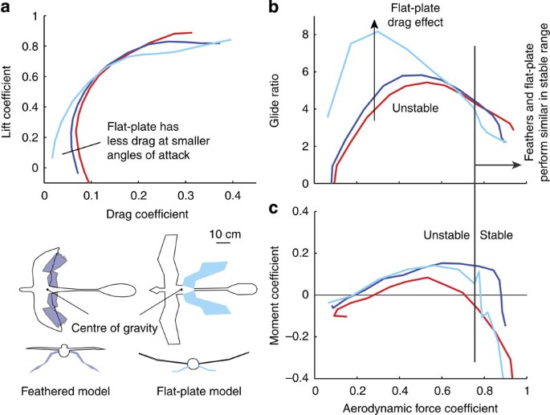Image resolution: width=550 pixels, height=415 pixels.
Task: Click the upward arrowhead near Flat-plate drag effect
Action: click(x=374, y=26)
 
